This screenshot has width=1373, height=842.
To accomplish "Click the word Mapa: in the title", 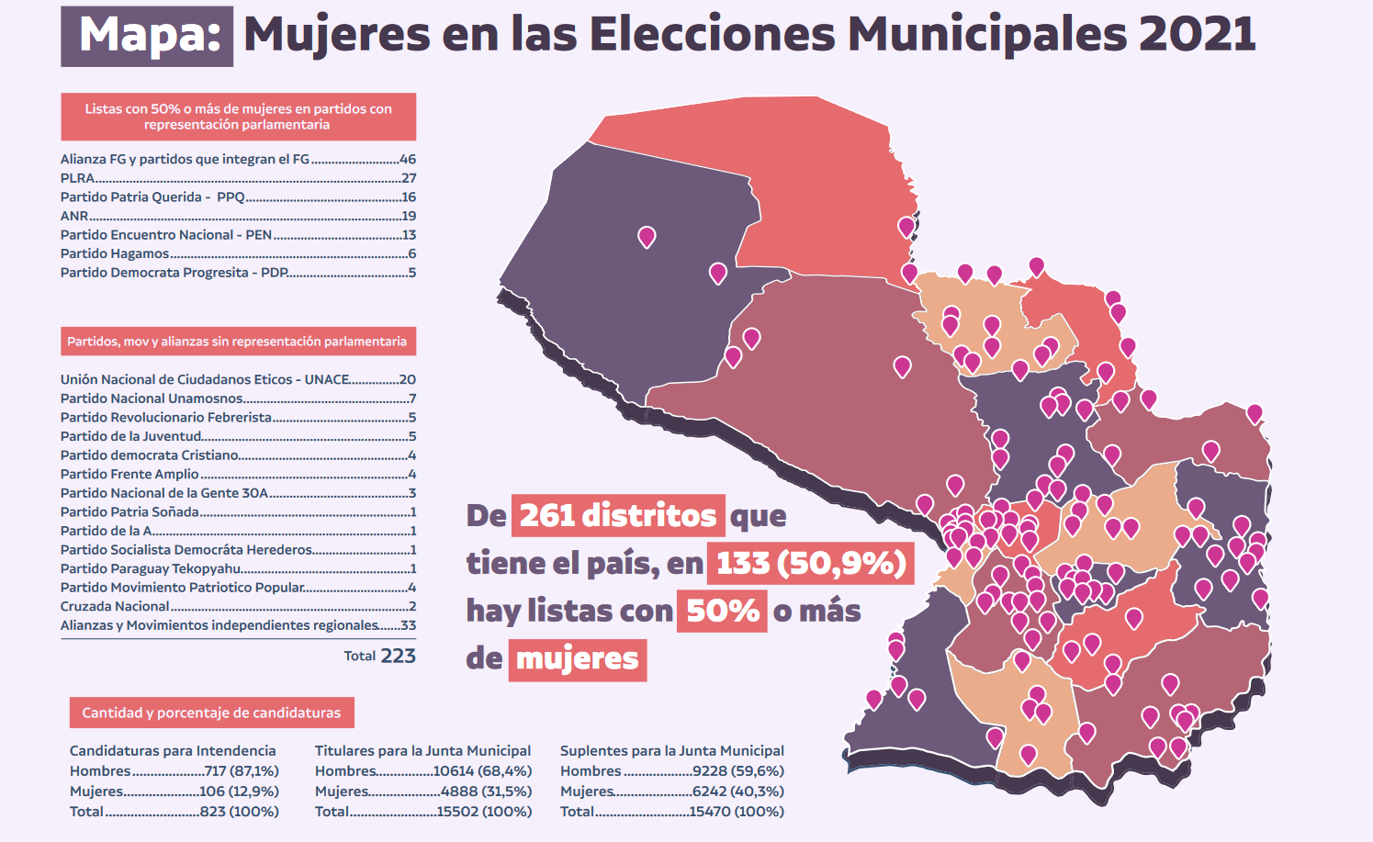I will click(148, 36).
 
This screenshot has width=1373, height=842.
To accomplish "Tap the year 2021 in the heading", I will click(1197, 35).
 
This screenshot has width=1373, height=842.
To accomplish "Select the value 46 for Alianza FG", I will click(408, 159).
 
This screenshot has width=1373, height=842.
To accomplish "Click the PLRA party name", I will click(77, 178).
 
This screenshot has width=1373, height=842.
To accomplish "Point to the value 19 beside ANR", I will click(409, 216).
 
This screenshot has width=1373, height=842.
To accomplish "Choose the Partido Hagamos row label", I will click(115, 253).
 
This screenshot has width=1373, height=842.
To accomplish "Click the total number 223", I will click(398, 656).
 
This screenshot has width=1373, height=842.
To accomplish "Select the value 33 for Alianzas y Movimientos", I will click(408, 625).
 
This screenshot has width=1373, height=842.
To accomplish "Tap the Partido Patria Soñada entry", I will click(129, 511).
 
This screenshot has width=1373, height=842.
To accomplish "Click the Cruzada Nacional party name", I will click(115, 606).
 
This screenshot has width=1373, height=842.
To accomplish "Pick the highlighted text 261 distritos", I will click(618, 515).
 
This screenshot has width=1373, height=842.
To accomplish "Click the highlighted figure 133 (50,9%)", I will click(811, 563).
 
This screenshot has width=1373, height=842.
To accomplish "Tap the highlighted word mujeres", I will click(578, 658).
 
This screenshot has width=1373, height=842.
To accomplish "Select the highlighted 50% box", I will click(722, 611).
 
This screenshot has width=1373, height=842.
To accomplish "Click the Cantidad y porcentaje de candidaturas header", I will click(211, 713).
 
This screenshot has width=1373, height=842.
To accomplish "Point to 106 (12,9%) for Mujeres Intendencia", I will click(239, 791).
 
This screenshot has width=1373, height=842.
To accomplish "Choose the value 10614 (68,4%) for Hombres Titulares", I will click(482, 770).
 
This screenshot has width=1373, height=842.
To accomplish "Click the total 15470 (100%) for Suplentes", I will click(736, 811).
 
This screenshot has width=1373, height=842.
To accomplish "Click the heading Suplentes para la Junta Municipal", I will click(672, 750).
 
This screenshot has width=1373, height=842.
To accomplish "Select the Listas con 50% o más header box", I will click(238, 117).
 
